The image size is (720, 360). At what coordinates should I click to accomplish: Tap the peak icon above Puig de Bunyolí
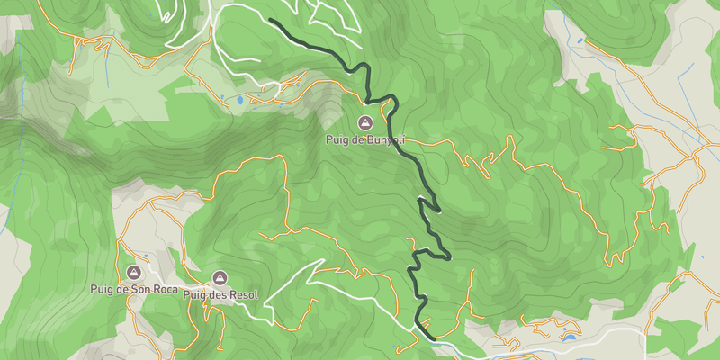pos(365,122)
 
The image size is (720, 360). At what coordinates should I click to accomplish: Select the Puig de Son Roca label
pos(133,289)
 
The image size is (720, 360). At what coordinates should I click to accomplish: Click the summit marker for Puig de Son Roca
pos(134,272)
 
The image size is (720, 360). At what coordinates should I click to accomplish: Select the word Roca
pos(163,289)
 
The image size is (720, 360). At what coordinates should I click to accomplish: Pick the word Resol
pos(244,294)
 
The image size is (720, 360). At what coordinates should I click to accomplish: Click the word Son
pos(139,289)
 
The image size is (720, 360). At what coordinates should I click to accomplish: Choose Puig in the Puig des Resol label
pos(195,294)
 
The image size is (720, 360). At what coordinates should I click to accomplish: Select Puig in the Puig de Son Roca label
pos(102,289)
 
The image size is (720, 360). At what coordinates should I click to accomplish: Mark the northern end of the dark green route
pos(271,21)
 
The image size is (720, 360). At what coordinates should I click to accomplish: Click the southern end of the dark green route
pos(435,338)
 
